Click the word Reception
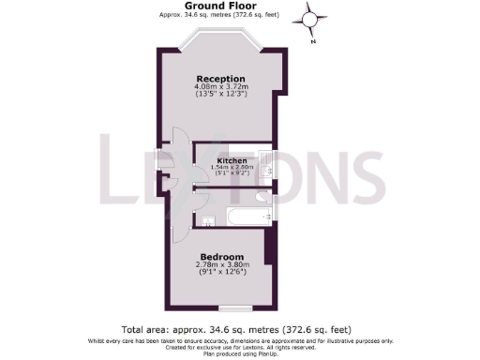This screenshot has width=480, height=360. (x=220, y=78)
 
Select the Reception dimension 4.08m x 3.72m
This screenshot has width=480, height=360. (x=220, y=86)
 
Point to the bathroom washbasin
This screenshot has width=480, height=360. (x=205, y=220)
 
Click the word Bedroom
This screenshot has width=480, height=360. (x=221, y=257)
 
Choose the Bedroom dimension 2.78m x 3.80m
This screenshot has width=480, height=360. (x=221, y=265)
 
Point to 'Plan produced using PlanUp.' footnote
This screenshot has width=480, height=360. (x=240, y=353)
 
